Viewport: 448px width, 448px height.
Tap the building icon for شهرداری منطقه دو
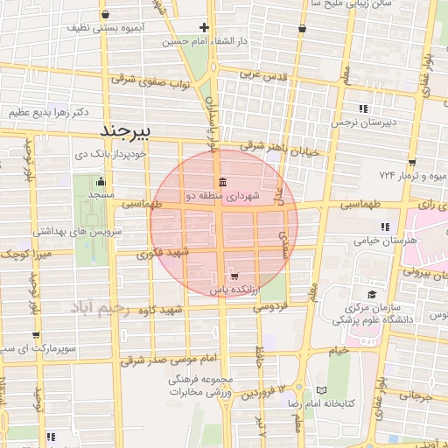pyautogui.click(x=220, y=183)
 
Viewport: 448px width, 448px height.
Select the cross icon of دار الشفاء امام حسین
pyautogui.click(x=205, y=27)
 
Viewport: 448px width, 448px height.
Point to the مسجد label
pyautogui.click(x=101, y=194)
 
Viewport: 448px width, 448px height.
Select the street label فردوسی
pyautogui.click(x=270, y=307)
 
